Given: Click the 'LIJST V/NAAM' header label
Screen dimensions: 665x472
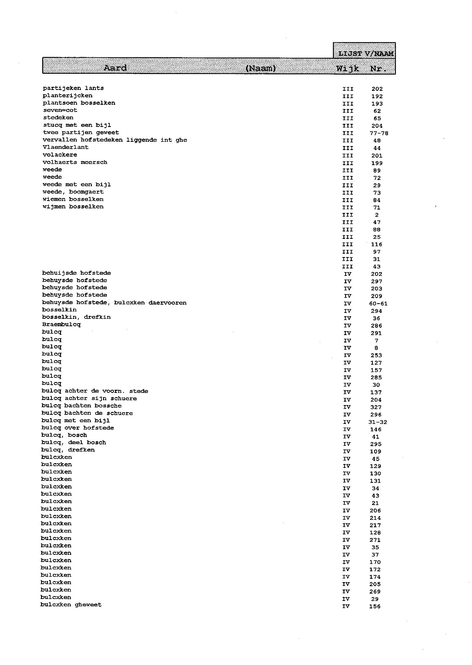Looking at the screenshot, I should click(366, 54).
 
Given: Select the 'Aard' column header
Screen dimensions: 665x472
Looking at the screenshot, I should click(115, 68).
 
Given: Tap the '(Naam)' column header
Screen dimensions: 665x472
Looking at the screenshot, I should click(261, 68).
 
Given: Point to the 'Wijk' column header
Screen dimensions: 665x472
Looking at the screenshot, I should click(347, 69).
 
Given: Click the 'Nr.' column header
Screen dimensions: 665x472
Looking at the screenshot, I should click(378, 69).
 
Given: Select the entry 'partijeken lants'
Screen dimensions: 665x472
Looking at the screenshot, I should click(73, 88).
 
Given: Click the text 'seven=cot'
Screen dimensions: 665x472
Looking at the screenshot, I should click(60, 110).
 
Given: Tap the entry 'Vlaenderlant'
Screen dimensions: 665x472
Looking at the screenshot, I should click(65, 147).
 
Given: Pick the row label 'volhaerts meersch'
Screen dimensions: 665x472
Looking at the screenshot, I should click(75, 162).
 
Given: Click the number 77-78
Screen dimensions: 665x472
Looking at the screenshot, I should click(379, 133).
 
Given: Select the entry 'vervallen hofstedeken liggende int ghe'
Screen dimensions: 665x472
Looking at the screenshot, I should click(115, 140).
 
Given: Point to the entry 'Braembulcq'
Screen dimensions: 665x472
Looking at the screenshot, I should click(61, 325).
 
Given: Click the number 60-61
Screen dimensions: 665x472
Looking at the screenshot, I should click(378, 304).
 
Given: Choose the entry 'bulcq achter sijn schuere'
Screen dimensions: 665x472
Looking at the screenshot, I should click(89, 399).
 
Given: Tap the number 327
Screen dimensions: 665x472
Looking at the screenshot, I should click(376, 407).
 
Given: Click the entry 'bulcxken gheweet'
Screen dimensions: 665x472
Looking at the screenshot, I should click(71, 605).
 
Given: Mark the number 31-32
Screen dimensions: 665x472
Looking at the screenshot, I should click(377, 422).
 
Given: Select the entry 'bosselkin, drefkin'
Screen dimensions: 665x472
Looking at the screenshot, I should click(76, 317).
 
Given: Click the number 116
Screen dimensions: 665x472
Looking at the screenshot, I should click(377, 245).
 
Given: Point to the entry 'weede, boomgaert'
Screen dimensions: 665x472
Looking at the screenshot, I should click(73, 192).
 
